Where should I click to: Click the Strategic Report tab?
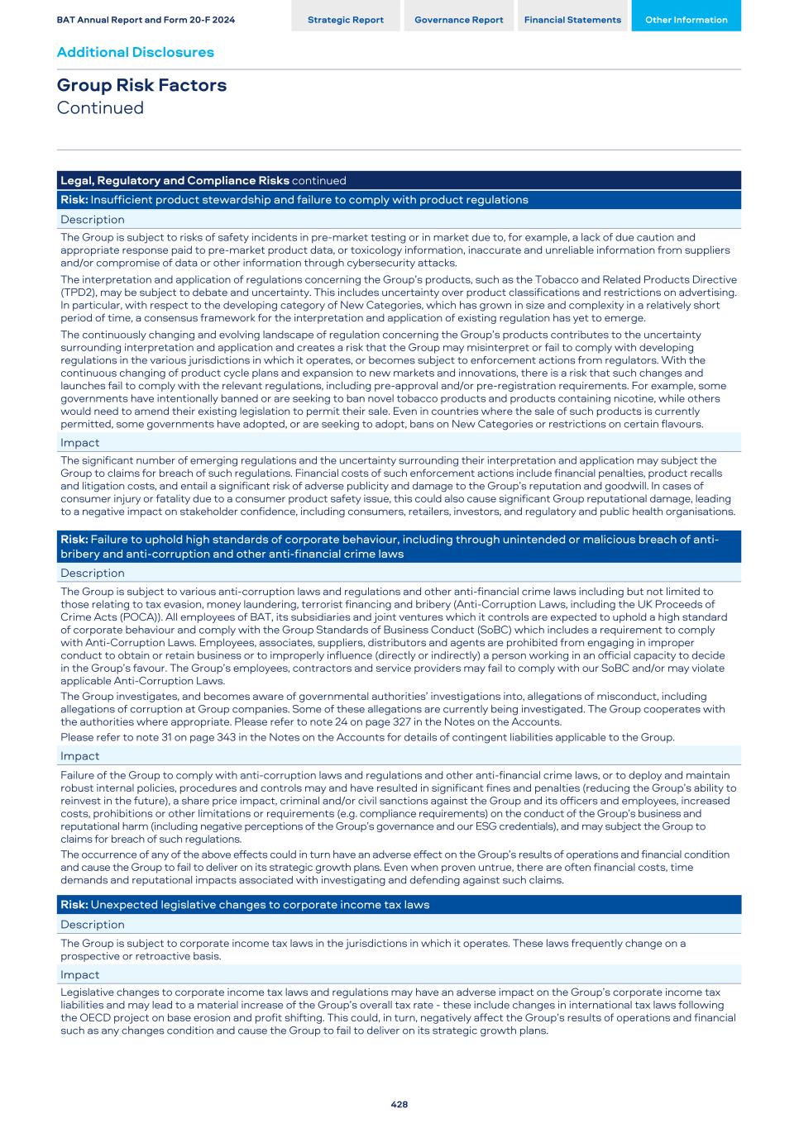tap(345, 20)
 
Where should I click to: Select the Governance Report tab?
tap(458, 20)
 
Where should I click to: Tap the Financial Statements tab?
tap(572, 20)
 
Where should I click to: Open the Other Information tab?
tap(686, 20)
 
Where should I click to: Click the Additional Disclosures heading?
tap(135, 52)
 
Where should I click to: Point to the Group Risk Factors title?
tap(141, 85)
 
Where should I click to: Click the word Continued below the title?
tap(100, 108)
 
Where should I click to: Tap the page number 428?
tap(399, 1104)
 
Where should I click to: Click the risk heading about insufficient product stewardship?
tap(294, 200)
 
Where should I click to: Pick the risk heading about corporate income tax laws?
tap(245, 905)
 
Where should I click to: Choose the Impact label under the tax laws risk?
tap(79, 975)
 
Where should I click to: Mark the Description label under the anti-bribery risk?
tap(92, 574)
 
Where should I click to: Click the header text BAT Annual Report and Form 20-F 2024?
tap(146, 20)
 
